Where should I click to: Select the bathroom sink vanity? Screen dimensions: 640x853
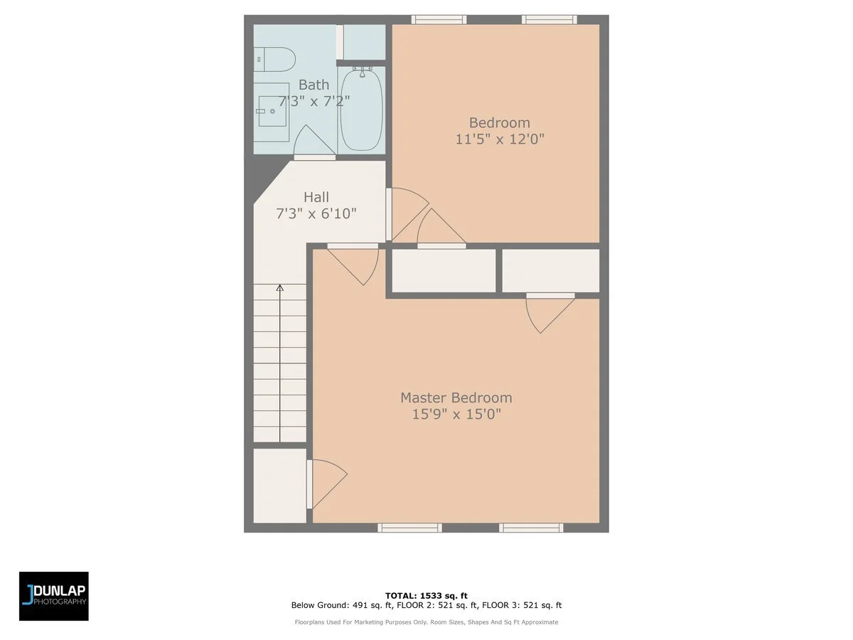point(273,112)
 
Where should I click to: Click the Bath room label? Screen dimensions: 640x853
point(313,85)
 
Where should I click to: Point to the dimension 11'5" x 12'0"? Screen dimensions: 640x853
point(500,139)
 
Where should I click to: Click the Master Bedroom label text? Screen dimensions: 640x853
point(456,398)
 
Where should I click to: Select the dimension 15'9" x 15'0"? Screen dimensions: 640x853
point(456,414)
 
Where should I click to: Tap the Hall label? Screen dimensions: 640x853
point(316,197)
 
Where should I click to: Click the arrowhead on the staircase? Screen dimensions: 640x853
point(280,288)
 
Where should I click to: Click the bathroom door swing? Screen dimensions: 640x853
point(311,142)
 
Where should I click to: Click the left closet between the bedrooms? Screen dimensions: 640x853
point(444,271)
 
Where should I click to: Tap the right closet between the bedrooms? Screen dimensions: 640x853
point(550,271)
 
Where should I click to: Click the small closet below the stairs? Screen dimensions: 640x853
point(280,485)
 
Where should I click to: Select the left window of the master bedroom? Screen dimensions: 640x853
point(409,528)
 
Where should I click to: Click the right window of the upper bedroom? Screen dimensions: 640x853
point(549,20)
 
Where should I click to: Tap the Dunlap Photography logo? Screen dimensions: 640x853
point(54,596)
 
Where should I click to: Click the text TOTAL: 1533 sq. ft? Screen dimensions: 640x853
point(426,595)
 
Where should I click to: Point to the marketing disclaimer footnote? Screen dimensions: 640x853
point(426,622)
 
